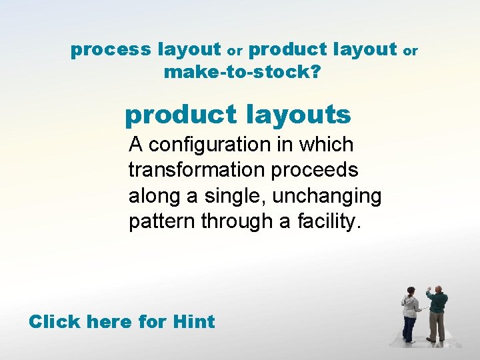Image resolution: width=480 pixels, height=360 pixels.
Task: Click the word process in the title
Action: [111, 50]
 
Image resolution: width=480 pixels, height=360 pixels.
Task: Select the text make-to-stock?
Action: [241, 72]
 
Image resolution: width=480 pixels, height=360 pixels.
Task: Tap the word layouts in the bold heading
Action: [298, 115]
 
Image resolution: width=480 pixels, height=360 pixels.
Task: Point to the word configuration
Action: [213, 145]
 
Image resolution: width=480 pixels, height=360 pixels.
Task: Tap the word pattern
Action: [158, 221]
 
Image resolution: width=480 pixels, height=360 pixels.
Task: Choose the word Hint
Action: [193, 322]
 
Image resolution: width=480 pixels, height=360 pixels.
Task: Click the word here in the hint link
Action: [109, 322]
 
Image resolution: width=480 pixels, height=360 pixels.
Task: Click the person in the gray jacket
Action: [411, 313]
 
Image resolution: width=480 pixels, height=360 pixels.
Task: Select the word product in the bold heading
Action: [176, 115]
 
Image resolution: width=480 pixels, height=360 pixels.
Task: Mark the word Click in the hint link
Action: [54, 322]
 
